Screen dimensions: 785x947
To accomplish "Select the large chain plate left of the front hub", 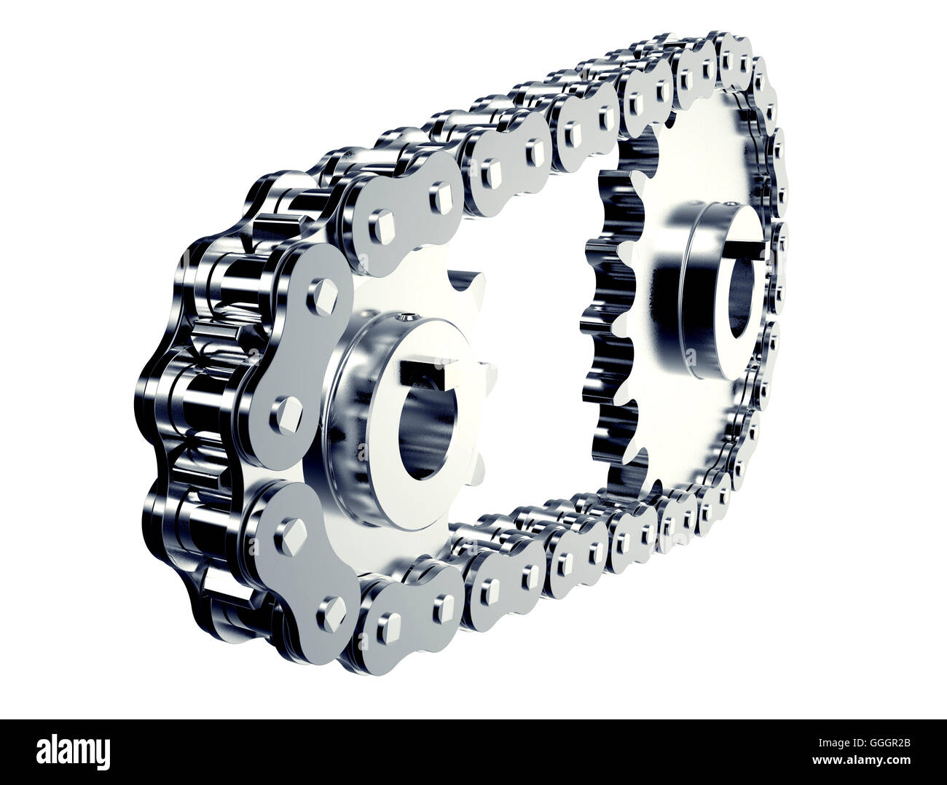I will click(x=299, y=350).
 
